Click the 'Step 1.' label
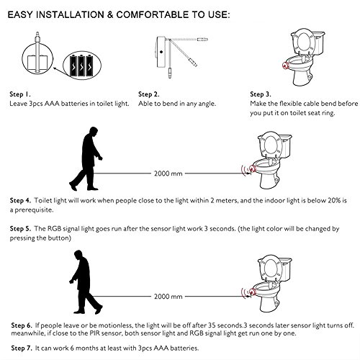click(x=20, y=94)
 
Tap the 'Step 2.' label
click(x=149, y=94)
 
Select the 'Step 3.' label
click(x=261, y=94)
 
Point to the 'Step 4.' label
click(x=20, y=200)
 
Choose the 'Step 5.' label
click(x=20, y=228)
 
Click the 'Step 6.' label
click(x=22, y=325)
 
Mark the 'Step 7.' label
click(x=22, y=348)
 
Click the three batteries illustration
click(x=82, y=66)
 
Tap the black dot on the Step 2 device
click(x=161, y=52)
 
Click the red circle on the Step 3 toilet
click(x=285, y=65)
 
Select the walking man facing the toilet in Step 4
click(x=86, y=159)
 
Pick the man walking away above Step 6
click(x=86, y=282)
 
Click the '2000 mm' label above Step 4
click(x=168, y=174)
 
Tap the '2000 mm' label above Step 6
click(x=168, y=297)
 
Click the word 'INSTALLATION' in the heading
click(x=71, y=15)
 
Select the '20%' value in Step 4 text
click(x=334, y=200)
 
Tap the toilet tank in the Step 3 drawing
click(x=319, y=42)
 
